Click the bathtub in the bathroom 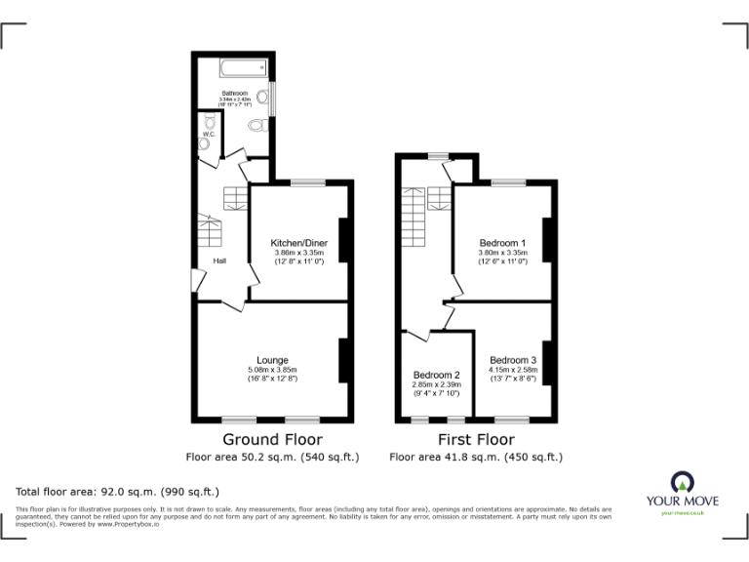point(243,67)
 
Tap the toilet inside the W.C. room point(204,142)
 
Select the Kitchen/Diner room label point(298,242)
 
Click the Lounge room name point(272,360)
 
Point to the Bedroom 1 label point(502,242)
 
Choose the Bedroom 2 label point(436,375)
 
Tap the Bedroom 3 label point(512,360)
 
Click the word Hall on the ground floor point(220,261)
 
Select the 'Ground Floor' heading point(272,439)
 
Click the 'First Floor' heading point(475,439)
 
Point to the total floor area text point(117,491)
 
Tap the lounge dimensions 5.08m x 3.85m point(272,370)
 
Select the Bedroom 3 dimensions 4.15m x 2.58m point(512,370)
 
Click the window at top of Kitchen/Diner point(307,181)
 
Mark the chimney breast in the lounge point(343,360)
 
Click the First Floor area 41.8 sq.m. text point(475,457)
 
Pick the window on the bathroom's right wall point(273,97)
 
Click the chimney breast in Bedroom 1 point(547,239)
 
